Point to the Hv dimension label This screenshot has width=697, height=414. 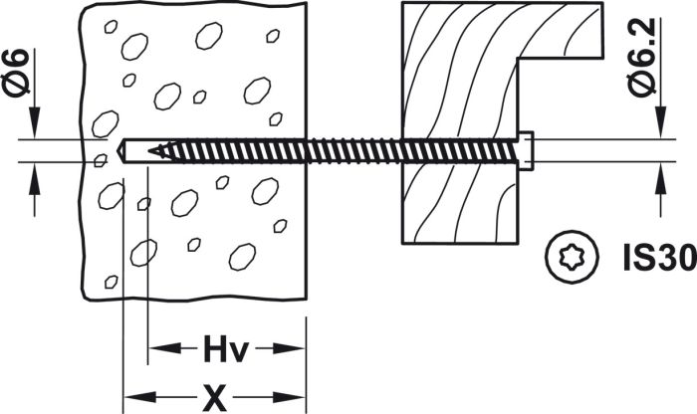[x=225, y=350]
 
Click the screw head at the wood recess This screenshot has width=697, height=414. [x=527, y=151]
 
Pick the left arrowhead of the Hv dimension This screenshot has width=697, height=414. [x=160, y=349]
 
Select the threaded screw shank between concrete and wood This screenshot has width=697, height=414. [x=358, y=151]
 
